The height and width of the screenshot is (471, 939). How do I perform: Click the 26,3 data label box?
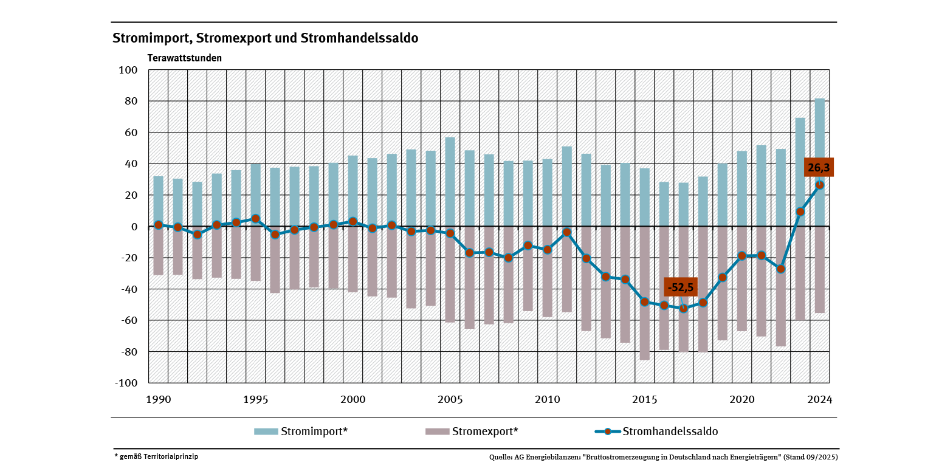coord(819,167)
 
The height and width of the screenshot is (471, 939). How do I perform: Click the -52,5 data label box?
coord(680,287)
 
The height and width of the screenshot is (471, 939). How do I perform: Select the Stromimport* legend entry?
coord(301,431)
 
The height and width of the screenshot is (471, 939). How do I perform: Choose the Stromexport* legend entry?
coord(472,431)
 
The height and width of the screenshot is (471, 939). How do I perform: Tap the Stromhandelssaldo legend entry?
coord(656,431)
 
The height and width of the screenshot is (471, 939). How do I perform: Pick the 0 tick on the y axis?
coord(136,227)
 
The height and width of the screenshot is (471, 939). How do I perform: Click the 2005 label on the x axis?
coord(450,399)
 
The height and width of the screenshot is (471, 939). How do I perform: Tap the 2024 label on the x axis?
coord(819,399)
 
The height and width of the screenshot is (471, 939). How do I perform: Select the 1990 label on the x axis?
coord(158,399)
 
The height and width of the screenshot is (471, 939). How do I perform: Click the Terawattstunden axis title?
coord(185,58)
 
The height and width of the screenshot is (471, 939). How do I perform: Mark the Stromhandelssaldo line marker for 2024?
coord(820,185)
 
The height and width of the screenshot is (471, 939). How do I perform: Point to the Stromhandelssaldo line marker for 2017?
coord(684,309)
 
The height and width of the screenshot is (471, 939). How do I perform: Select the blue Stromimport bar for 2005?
coord(450,182)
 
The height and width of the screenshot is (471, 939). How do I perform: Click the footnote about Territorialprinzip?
coord(156,456)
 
